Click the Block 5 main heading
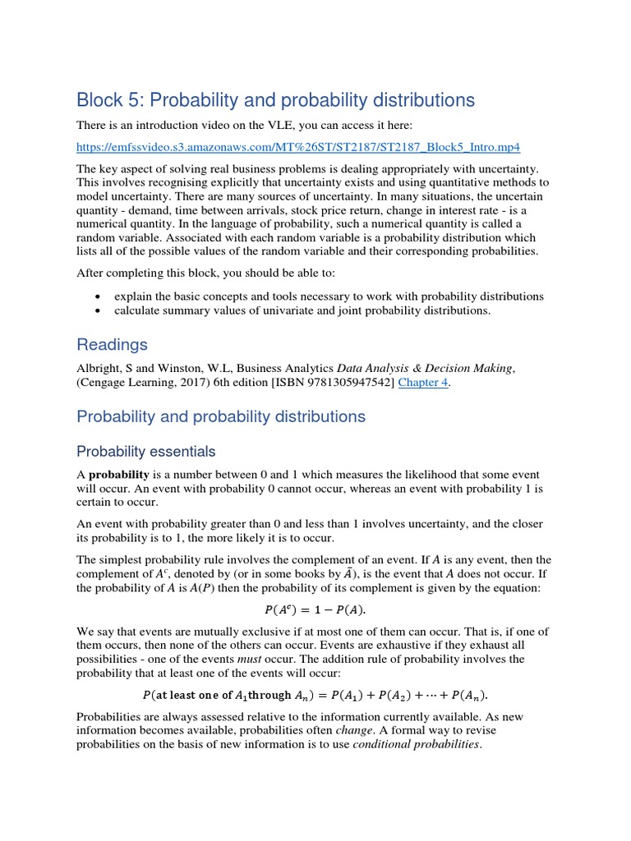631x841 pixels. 275,100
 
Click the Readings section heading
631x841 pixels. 113,344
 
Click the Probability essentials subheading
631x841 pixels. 146,451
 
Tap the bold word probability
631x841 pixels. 118,475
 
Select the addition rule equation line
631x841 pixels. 315,694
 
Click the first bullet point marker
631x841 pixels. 99,296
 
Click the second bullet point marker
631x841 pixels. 99,310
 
